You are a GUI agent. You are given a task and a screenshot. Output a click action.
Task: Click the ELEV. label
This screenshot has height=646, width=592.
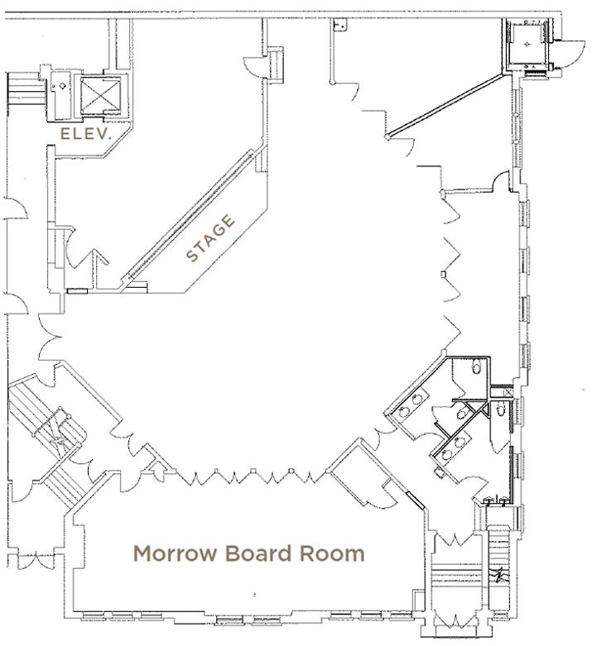click(86, 133)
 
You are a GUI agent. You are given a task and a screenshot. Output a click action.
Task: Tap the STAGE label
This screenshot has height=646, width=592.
click(210, 237)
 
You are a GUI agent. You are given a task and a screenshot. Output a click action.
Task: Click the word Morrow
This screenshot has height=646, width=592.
click(175, 553)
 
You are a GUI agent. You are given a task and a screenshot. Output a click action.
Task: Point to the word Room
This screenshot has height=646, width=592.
click(332, 553)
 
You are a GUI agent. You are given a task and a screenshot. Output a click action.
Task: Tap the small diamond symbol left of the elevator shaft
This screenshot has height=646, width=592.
click(62, 86)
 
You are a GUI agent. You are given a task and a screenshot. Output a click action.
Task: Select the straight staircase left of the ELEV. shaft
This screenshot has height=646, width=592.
click(26, 89)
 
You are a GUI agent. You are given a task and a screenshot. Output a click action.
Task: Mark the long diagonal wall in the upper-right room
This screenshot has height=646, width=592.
click(446, 105)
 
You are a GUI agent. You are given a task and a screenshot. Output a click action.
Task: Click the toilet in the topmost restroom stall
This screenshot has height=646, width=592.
click(477, 366)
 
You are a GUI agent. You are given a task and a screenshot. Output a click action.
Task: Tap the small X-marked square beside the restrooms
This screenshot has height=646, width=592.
click(508, 392)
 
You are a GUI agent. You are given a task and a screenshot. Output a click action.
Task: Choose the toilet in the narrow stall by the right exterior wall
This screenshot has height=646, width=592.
click(500, 409)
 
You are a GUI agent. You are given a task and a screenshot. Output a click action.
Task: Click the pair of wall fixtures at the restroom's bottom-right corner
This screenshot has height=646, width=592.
click(496, 501)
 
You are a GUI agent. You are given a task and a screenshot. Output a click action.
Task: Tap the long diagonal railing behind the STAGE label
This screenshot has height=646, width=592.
click(190, 215)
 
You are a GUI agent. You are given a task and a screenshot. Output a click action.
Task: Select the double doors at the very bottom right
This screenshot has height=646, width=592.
click(455, 621)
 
